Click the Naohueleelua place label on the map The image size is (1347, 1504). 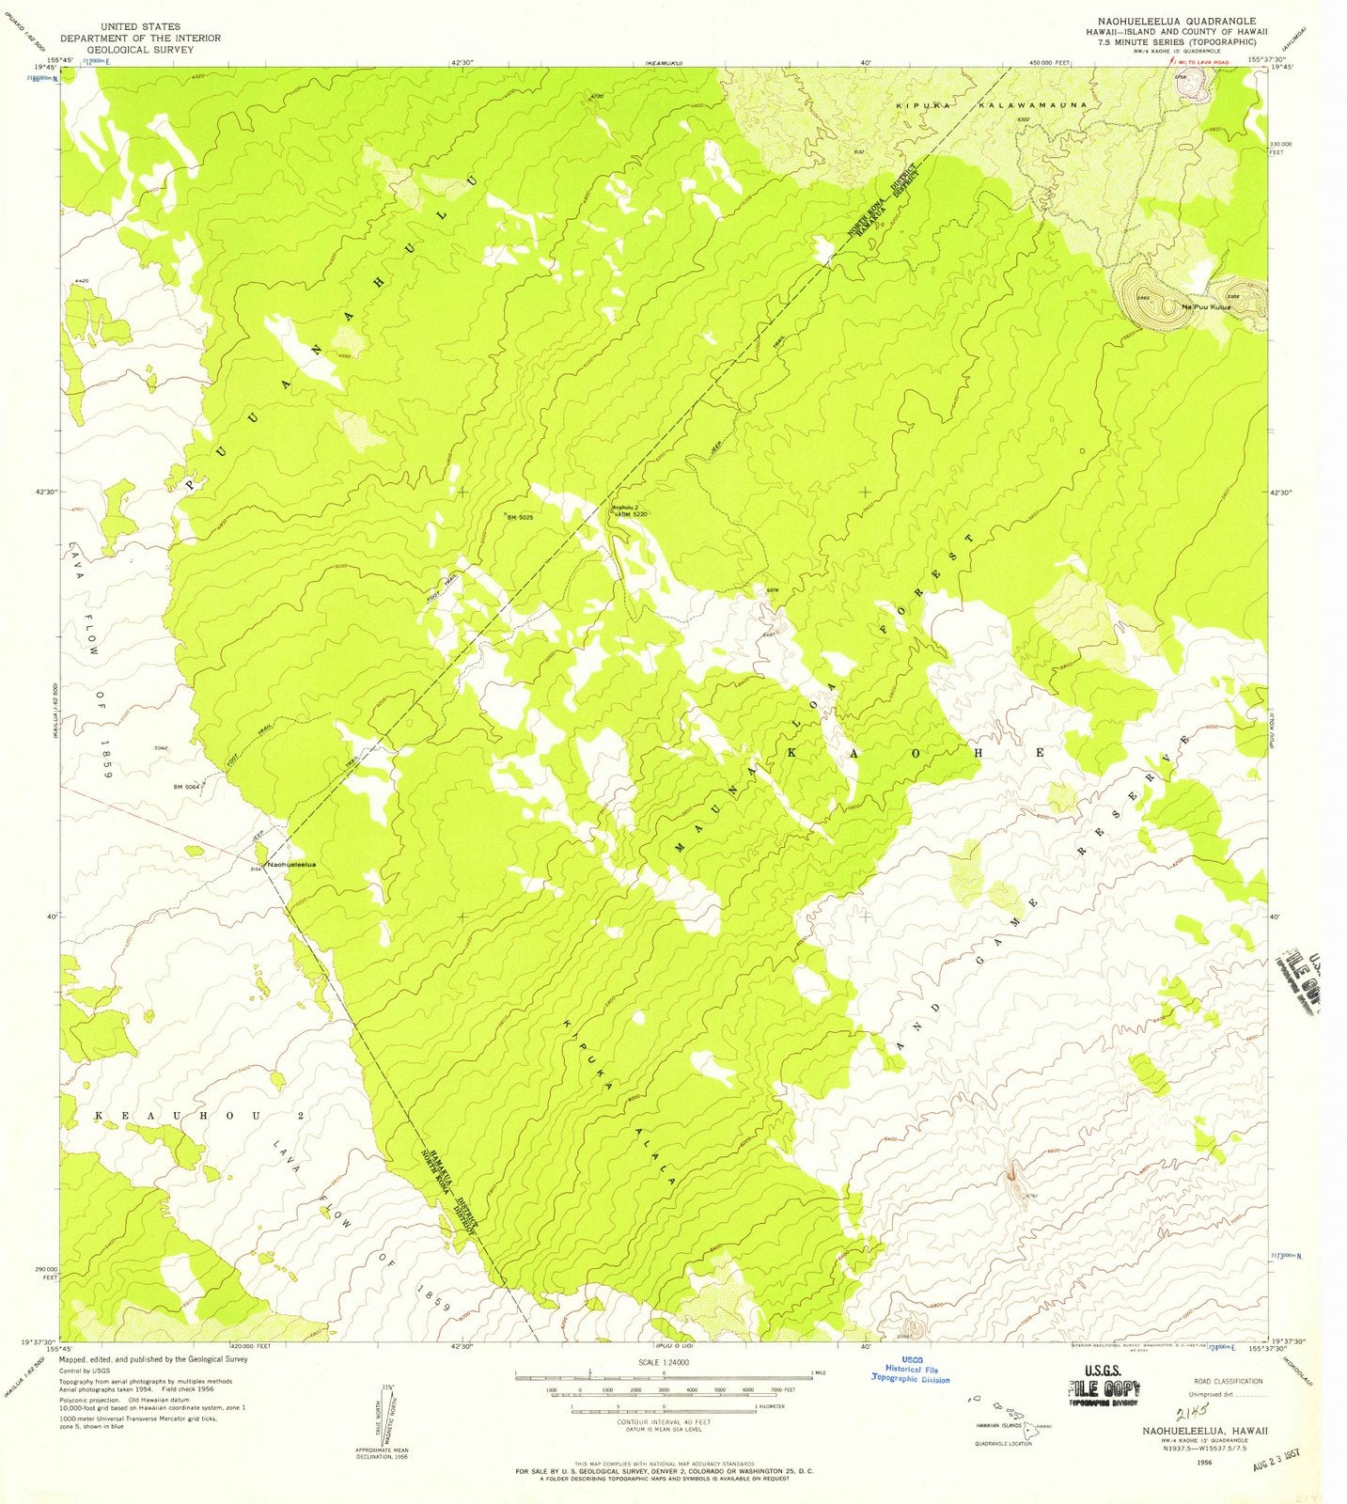tap(292, 864)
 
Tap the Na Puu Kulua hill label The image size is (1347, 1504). tap(1206, 306)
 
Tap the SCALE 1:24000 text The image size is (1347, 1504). tap(664, 1361)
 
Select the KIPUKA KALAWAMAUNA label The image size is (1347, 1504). tap(991, 106)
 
